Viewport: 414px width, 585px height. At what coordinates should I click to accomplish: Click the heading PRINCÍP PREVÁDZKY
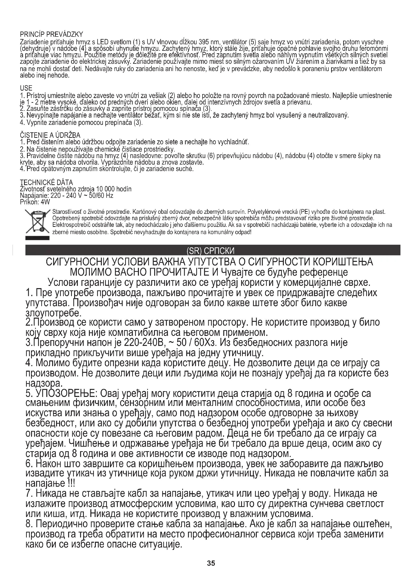tap(51, 34)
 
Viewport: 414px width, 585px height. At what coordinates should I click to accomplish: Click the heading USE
tap(26, 88)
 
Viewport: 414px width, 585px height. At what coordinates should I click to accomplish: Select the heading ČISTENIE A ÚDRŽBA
tap(50, 135)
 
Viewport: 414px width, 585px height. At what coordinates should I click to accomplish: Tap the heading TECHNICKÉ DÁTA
tap(46, 182)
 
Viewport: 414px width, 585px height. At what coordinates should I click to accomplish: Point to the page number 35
tap(211, 570)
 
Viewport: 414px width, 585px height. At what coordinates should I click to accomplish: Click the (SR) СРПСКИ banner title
tap(211, 251)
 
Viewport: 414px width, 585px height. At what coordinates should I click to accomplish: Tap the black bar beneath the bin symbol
tap(37, 238)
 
